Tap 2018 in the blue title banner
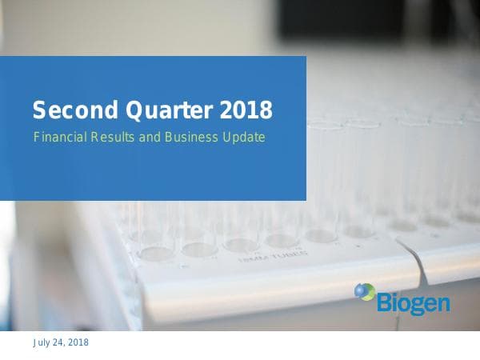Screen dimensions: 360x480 [x=245, y=108]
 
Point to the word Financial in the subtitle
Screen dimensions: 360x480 [x=58, y=137]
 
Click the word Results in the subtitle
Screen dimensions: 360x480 [x=114, y=137]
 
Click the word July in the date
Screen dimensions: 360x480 [x=41, y=342]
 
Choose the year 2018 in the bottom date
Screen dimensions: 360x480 [x=78, y=342]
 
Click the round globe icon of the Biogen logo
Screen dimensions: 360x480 [x=364, y=292]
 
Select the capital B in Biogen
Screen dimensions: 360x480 [x=382, y=302]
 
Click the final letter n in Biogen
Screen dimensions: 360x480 [x=442, y=304]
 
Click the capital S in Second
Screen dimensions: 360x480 [x=38, y=108]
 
